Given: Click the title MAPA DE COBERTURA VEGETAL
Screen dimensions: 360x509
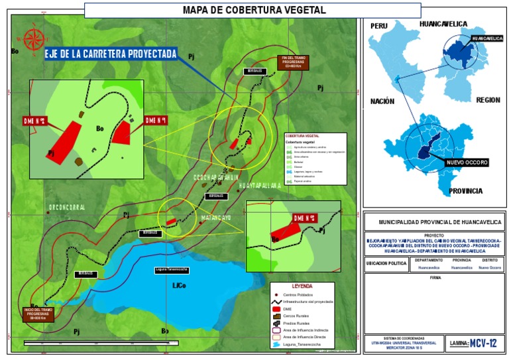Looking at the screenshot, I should (x=254, y=10).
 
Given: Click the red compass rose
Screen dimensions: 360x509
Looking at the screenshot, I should (x=32, y=39).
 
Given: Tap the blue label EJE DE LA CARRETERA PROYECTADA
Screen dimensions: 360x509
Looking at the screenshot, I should (x=111, y=54).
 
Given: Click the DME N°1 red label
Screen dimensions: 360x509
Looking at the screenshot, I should (x=155, y=120).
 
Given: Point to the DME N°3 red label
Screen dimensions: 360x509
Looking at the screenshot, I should (x=304, y=217).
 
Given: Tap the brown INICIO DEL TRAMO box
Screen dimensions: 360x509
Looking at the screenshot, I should (x=38, y=314).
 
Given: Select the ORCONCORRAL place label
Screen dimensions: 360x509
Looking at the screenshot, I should (x=66, y=208).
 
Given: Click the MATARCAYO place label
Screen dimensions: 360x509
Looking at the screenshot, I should (x=213, y=217).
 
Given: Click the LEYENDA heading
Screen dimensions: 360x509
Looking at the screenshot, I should (x=302, y=286).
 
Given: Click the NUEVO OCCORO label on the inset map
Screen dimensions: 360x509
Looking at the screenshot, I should (x=467, y=162).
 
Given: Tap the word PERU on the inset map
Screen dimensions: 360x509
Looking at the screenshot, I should (x=378, y=25).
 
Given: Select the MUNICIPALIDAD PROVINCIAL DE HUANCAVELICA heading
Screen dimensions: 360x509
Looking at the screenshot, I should (x=435, y=222).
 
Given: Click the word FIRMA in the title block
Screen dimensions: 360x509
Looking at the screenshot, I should (x=435, y=278).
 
